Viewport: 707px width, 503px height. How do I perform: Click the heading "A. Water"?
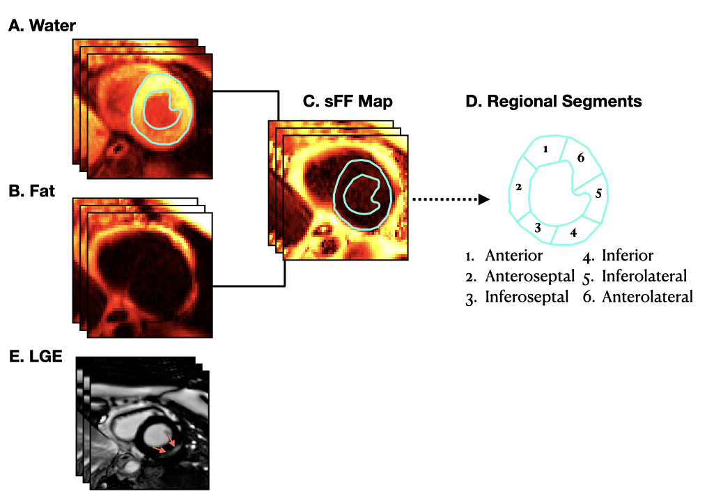click(42, 26)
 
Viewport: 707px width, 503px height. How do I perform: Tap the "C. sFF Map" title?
click(348, 102)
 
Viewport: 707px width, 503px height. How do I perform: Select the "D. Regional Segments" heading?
click(553, 102)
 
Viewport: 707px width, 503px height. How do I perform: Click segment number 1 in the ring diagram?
click(546, 149)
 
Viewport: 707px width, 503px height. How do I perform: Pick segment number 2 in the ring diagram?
click(518, 187)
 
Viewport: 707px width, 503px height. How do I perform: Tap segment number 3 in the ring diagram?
click(538, 227)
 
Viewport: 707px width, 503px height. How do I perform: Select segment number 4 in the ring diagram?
click(573, 232)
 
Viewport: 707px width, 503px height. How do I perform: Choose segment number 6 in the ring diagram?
click(580, 159)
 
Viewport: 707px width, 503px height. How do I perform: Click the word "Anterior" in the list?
click(513, 256)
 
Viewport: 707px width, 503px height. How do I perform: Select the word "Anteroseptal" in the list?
click(529, 277)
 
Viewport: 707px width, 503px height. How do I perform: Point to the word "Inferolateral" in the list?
click(644, 277)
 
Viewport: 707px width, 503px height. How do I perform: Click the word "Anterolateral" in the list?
click(647, 297)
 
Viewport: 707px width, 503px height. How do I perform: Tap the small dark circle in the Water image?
click(117, 148)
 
